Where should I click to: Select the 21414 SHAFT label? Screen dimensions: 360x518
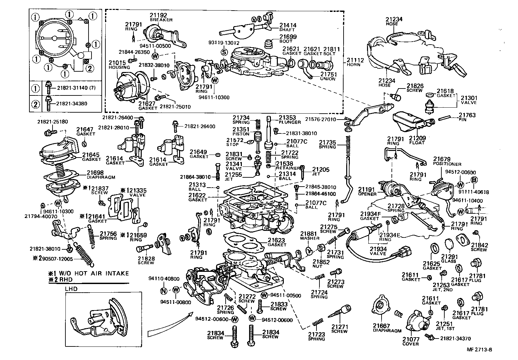point(288,27)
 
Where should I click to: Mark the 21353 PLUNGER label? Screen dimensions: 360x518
point(289,119)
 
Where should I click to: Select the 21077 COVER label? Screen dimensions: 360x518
point(411,341)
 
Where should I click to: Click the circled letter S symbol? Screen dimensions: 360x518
point(224,52)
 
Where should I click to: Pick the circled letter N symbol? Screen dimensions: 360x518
point(163,290)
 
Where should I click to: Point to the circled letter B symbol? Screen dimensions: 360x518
point(474,180)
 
